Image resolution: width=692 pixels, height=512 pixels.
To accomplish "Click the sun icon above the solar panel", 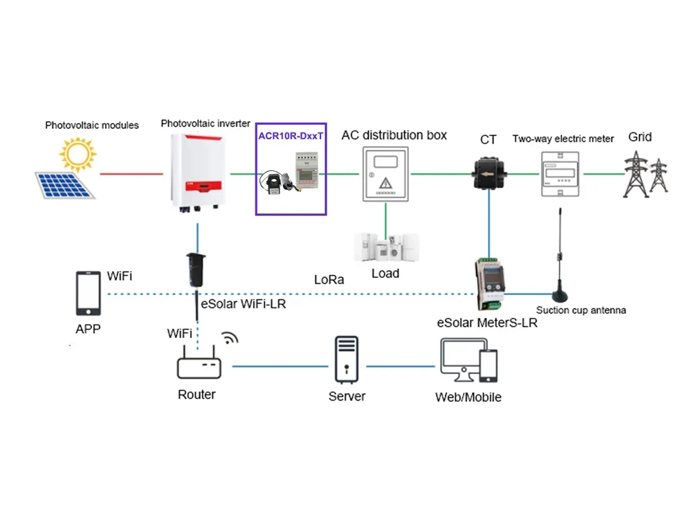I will (77, 154).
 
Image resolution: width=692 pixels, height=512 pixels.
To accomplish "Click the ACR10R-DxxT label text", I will (290, 136).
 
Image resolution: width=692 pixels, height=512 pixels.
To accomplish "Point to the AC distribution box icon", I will (386, 174).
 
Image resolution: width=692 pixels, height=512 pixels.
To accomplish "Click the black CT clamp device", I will (489, 172).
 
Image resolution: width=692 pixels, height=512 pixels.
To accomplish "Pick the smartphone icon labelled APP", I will (88, 294).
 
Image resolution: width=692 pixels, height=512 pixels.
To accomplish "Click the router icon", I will (199, 365).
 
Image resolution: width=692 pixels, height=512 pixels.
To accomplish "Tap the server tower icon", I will (347, 360).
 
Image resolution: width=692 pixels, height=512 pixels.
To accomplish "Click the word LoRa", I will (329, 280).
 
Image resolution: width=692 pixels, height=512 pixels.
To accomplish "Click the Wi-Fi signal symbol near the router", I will (230, 337).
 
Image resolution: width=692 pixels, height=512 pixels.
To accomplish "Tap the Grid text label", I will (639, 136).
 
